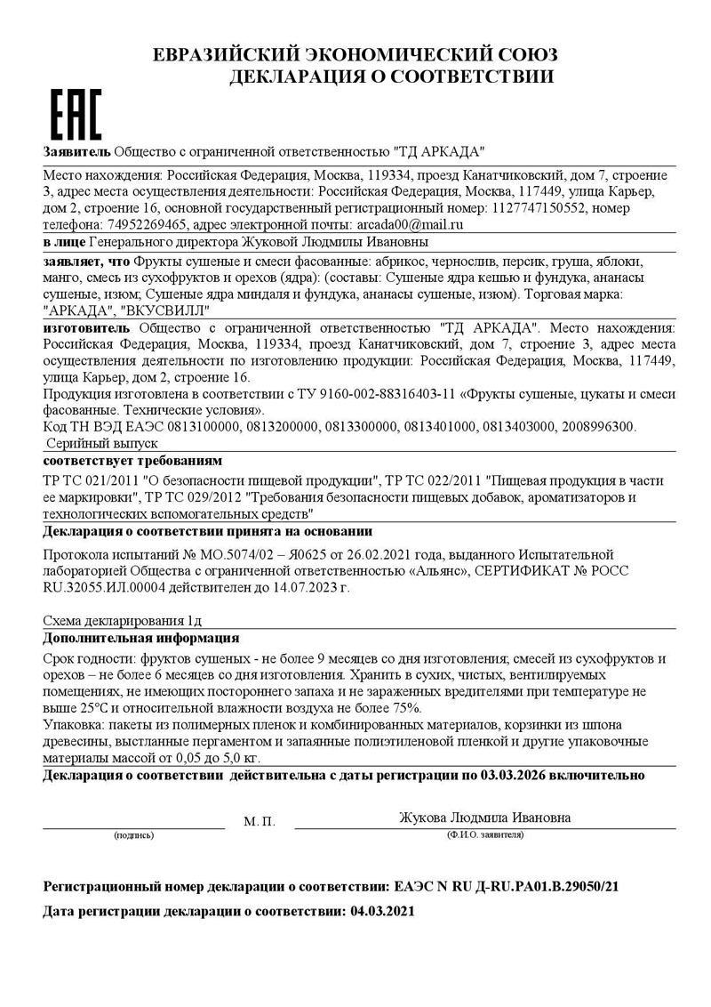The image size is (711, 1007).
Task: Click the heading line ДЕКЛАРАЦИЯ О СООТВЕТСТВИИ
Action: (392, 77)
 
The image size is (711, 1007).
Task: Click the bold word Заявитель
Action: (76, 151)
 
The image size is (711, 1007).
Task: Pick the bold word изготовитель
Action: (85, 328)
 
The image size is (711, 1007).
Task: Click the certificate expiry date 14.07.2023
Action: (298, 587)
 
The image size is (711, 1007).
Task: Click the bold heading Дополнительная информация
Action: (140, 638)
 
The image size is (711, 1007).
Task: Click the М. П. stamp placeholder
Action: (260, 821)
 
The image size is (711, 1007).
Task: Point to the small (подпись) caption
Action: (133, 836)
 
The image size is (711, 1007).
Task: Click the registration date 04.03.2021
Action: (382, 911)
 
